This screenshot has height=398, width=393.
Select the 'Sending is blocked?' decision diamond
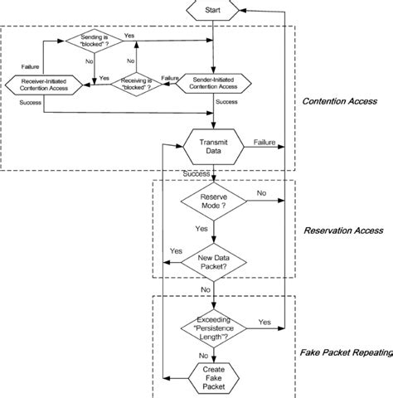point(94,41)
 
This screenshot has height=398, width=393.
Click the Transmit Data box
point(213,146)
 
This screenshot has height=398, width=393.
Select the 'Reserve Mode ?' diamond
point(213,201)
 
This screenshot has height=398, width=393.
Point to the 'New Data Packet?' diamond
point(213,263)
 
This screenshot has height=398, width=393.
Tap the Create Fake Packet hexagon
point(213,376)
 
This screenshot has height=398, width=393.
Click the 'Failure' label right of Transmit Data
point(264,142)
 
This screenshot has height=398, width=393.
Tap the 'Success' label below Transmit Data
point(196,173)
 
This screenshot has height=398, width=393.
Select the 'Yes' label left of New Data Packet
point(176,251)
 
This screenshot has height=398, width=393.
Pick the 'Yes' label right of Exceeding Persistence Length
point(264,321)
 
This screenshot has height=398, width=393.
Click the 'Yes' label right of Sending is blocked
point(129,36)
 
